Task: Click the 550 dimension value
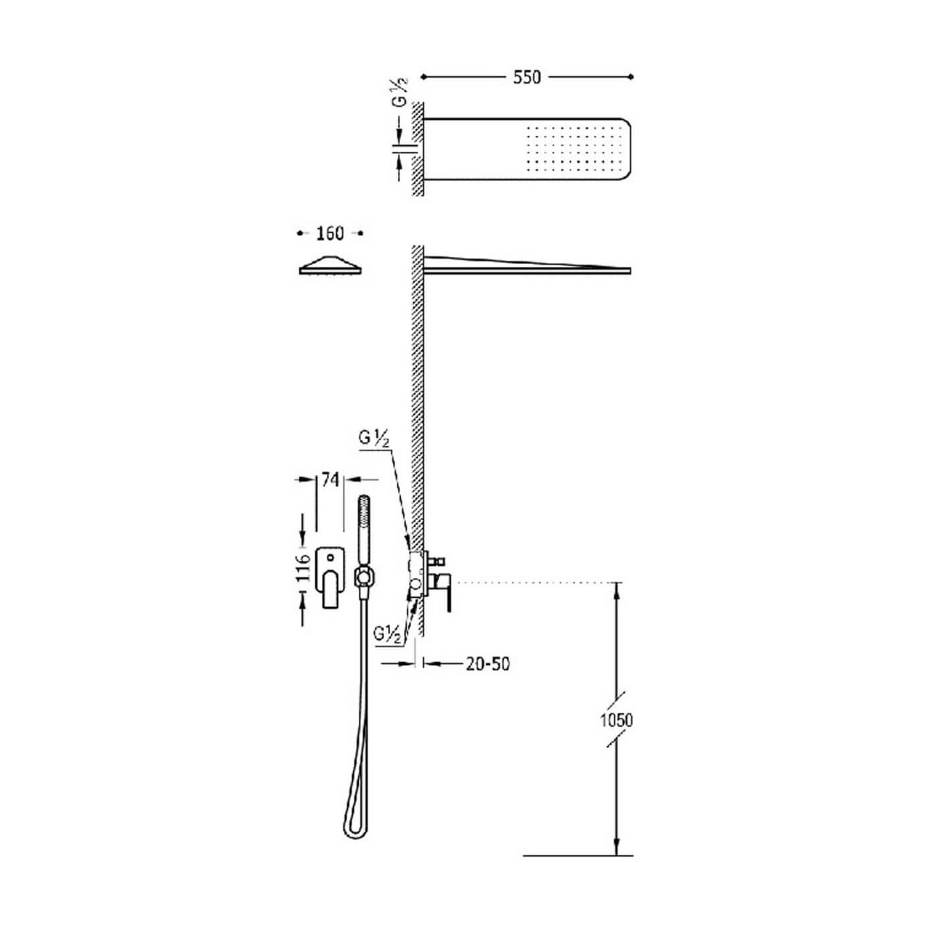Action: click(x=527, y=77)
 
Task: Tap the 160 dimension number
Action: click(x=330, y=234)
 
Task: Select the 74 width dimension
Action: click(x=330, y=480)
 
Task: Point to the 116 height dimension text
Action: click(x=303, y=569)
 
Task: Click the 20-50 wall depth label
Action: click(x=488, y=664)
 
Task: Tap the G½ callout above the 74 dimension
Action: click(x=374, y=439)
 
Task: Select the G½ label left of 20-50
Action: click(x=387, y=634)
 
